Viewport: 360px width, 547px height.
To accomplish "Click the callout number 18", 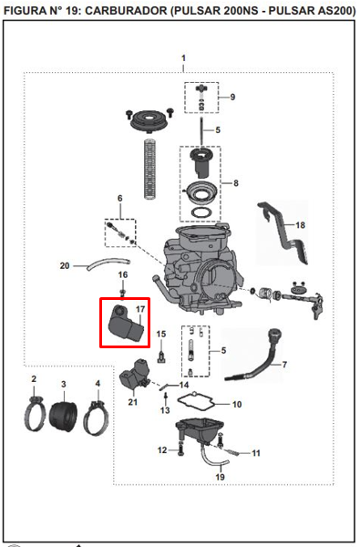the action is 300,225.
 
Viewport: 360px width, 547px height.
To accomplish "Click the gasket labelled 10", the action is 196,402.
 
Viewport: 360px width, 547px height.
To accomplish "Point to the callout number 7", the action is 284,365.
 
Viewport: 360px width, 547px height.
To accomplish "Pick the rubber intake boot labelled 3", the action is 63,417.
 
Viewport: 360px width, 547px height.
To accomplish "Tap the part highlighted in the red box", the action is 126,324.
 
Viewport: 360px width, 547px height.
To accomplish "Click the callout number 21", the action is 132,402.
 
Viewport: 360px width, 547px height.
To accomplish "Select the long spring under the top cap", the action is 150,169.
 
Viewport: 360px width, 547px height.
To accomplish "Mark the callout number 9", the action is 232,97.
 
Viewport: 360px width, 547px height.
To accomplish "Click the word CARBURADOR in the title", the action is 126,11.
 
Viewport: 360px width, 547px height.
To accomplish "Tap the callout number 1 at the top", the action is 183,58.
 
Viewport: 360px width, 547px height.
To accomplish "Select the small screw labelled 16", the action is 122,293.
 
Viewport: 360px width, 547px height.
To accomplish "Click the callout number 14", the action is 184,385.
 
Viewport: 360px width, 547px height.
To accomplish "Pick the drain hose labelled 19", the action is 213,458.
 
